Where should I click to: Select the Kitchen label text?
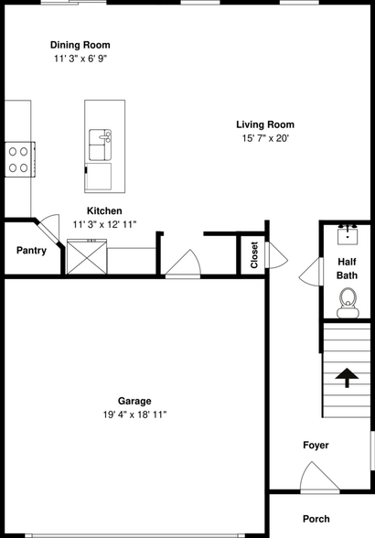point(104,210)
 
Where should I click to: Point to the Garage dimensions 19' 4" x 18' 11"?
point(134,414)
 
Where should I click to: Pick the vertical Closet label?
point(254,255)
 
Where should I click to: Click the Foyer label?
point(316,446)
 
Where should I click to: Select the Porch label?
point(316,519)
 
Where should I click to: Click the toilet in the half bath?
point(348,302)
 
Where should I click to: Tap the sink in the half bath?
point(348,234)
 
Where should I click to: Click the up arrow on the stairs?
point(348,376)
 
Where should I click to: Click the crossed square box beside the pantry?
point(87,256)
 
